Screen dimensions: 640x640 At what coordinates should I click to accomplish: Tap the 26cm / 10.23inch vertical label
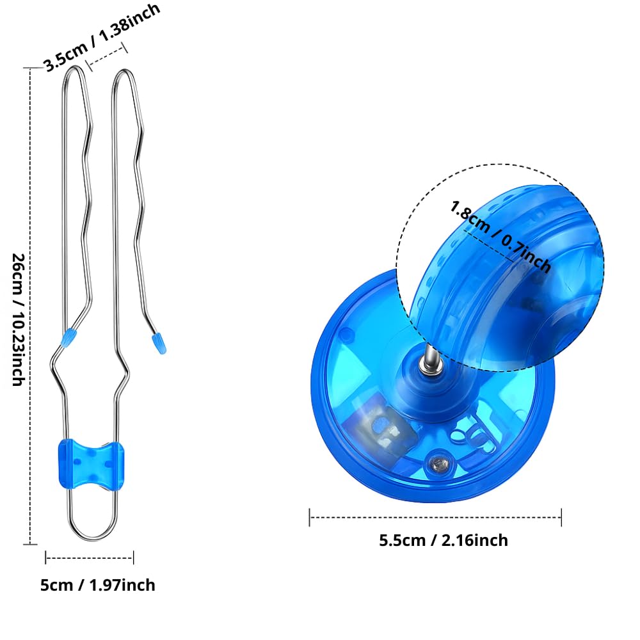click(19, 319)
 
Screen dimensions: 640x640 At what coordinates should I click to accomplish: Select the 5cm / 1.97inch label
click(97, 586)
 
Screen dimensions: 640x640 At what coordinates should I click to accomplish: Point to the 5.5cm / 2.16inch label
click(444, 540)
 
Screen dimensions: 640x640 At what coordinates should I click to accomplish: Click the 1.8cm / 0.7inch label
click(500, 237)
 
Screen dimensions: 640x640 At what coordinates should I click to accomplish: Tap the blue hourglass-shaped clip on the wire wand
click(92, 464)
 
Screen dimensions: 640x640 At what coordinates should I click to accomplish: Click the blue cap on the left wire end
click(69, 337)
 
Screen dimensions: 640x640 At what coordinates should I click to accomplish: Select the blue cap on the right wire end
click(159, 343)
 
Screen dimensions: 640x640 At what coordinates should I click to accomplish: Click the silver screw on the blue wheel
click(438, 462)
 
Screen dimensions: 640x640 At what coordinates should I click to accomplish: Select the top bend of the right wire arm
click(124, 73)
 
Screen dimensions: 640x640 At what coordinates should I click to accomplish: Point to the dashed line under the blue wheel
click(435, 518)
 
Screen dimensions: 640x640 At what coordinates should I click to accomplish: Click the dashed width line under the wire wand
click(90, 557)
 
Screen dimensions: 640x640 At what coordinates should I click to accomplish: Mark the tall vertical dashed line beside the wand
click(30, 306)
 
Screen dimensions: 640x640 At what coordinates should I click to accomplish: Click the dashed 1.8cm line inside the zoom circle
click(488, 245)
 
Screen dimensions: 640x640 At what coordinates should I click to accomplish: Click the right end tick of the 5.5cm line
click(562, 518)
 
